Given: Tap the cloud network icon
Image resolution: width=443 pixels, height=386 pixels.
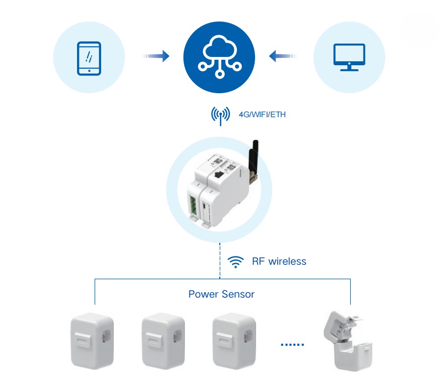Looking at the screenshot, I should pyautogui.click(x=219, y=57).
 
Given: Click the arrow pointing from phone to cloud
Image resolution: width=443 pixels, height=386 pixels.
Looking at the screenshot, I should pyautogui.click(x=156, y=57).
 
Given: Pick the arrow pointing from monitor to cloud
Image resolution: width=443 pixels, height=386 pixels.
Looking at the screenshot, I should pyautogui.click(x=283, y=57).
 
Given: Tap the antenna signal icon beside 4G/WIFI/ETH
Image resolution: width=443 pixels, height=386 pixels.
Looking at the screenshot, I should pyautogui.click(x=220, y=115).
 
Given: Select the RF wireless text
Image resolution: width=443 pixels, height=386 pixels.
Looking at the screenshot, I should pyautogui.click(x=279, y=261).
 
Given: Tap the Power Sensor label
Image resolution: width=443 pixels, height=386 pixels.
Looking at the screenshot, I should pyautogui.click(x=221, y=294).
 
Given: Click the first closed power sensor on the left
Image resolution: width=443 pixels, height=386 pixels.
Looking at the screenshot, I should pyautogui.click(x=92, y=341).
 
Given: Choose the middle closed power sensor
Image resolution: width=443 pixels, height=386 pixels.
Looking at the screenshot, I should pyautogui.click(x=162, y=341).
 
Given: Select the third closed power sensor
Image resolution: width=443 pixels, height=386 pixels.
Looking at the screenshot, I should pyautogui.click(x=233, y=341).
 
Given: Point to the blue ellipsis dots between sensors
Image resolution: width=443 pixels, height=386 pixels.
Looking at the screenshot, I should pyautogui.click(x=292, y=345).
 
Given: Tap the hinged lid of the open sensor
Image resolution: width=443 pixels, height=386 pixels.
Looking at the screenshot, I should pyautogui.click(x=343, y=324).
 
